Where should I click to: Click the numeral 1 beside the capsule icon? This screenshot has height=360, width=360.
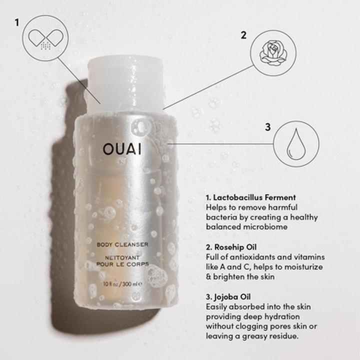coord(17,23)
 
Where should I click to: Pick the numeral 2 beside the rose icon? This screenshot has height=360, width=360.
coord(243,35)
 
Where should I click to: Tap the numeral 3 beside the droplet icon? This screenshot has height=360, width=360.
coord(267,127)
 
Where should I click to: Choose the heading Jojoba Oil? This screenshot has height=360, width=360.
coord(233,296)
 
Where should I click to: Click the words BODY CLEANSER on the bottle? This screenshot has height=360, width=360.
coord(122,244)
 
